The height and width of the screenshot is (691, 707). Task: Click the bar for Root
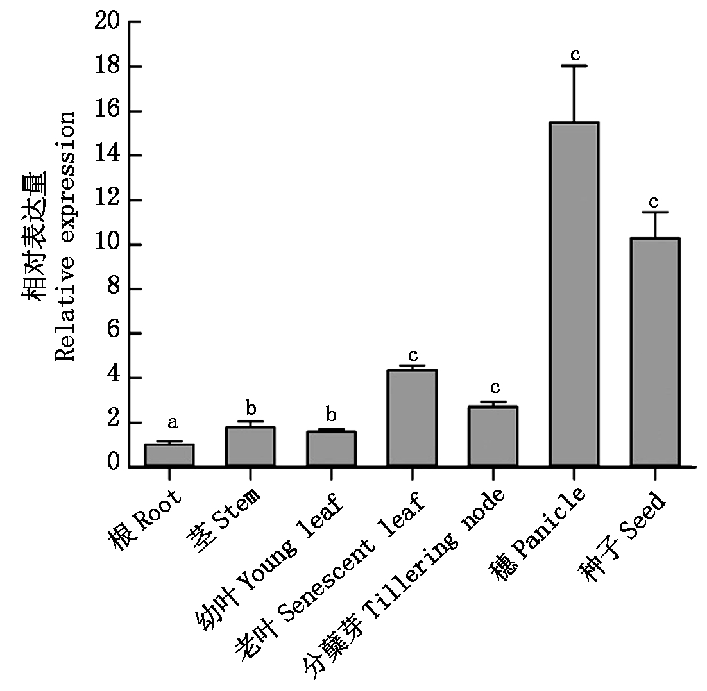(169, 455)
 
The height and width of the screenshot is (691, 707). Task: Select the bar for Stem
(250, 447)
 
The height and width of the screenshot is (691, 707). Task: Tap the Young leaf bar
(331, 449)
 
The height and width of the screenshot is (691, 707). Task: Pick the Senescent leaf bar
(412, 418)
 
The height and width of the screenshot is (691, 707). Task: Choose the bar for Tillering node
(493, 437)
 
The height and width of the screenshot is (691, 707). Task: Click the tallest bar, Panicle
(574, 294)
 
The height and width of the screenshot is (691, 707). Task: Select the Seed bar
(654, 352)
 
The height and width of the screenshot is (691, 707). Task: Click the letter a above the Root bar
(172, 423)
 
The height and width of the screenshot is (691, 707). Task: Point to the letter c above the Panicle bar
(575, 52)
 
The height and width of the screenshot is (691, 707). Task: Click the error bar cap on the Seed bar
(654, 212)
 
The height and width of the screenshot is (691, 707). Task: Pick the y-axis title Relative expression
(65, 236)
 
